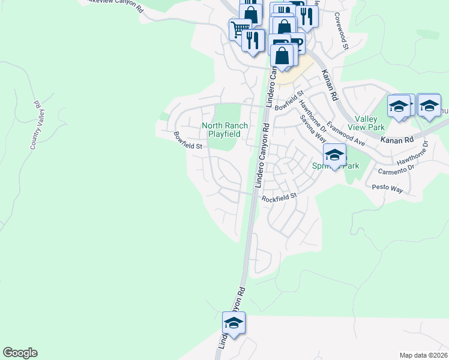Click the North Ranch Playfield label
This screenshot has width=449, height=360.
[221, 130]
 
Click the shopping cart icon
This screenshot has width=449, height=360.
[240, 28]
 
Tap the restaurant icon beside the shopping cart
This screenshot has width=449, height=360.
[253, 40]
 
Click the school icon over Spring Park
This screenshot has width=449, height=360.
[334, 154]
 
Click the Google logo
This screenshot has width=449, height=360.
[20, 353]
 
